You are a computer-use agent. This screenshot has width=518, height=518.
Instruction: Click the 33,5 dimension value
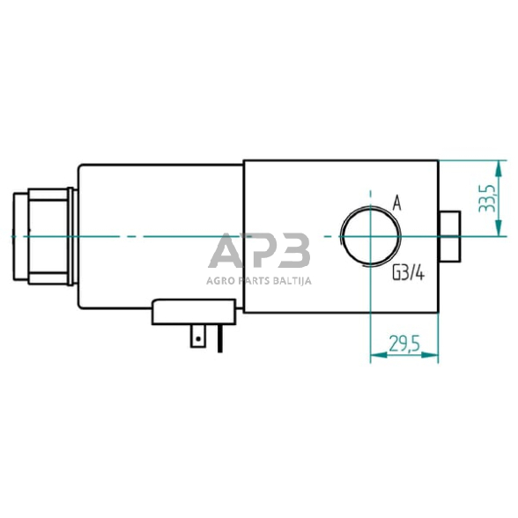click(485, 199)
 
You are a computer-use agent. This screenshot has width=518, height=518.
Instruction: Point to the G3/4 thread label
click(408, 273)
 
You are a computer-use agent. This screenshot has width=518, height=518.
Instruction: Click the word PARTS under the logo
click(257, 282)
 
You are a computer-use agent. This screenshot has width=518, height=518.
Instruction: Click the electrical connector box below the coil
click(194, 312)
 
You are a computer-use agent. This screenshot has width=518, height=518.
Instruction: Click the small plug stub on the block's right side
click(449, 236)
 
